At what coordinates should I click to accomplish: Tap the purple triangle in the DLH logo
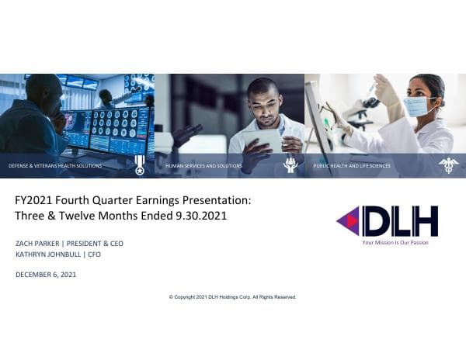347,221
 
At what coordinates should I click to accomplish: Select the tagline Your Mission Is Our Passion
395,242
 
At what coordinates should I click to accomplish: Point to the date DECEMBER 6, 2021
46,275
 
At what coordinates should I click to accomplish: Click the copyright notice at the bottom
232,297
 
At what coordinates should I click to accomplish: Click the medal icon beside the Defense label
140,164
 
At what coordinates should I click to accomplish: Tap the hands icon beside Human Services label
290,164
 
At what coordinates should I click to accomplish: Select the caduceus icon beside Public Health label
448,164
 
